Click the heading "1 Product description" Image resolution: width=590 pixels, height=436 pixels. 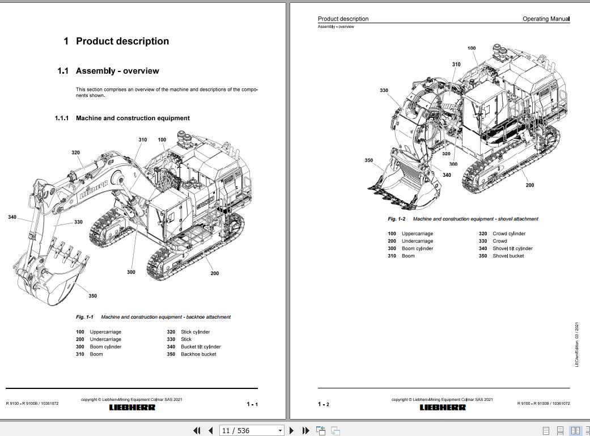[116, 41]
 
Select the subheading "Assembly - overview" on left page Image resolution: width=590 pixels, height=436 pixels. [117, 71]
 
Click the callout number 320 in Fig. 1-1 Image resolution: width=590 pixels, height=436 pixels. [76, 153]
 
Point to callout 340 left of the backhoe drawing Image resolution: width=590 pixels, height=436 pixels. [12, 217]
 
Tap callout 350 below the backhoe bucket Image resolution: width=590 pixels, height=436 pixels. [92, 295]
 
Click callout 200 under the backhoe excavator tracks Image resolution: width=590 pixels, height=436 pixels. [215, 273]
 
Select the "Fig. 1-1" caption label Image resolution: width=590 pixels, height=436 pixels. [84, 317]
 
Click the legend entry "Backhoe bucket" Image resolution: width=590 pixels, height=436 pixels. [198, 354]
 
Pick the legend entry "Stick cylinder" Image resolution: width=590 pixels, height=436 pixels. [195, 332]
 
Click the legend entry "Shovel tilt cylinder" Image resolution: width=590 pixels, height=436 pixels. [512, 248]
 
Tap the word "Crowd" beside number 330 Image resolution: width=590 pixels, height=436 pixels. [500, 241]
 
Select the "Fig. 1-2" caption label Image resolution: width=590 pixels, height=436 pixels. [396, 219]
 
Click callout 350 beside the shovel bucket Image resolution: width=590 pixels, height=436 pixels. [369, 160]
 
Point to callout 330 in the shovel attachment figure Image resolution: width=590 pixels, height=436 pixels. [384, 91]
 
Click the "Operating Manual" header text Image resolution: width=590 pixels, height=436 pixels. [546, 19]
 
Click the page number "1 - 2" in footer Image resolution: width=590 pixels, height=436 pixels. [323, 404]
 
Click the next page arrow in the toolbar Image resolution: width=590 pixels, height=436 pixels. [292, 431]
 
